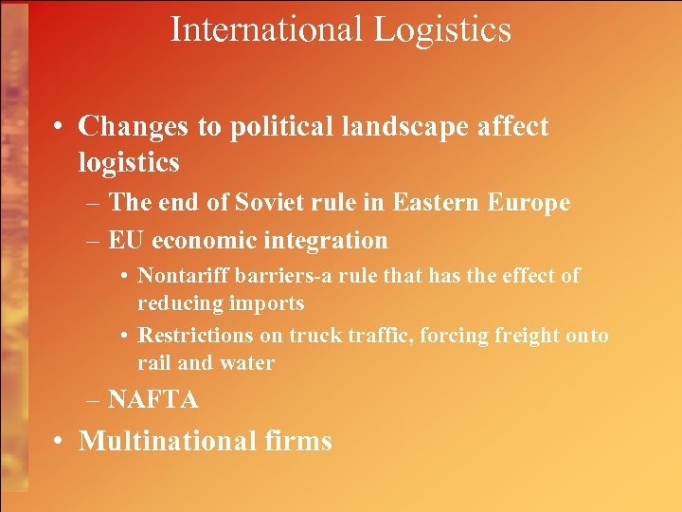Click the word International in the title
click(x=266, y=29)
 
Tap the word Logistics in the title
click(x=442, y=30)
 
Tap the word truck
click(x=316, y=335)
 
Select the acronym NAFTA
click(x=153, y=400)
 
